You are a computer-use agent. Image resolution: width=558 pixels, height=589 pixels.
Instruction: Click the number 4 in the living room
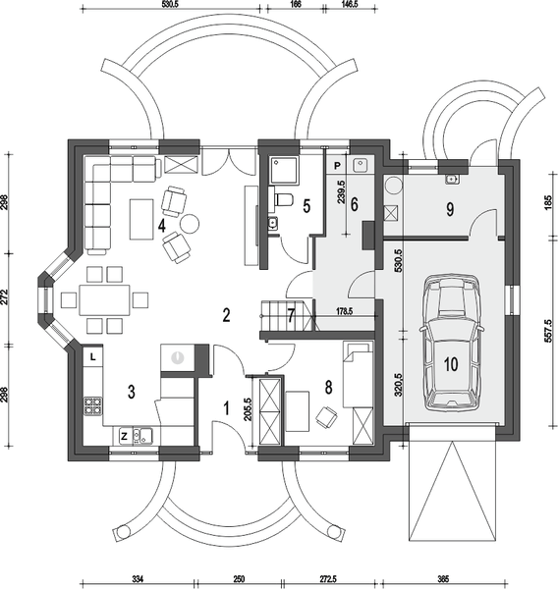click(161, 226)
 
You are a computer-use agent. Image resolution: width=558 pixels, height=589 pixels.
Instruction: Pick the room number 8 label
click(327, 389)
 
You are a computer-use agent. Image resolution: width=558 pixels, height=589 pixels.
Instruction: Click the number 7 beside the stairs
click(291, 316)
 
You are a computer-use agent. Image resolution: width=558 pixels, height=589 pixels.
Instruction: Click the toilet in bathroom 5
click(282, 201)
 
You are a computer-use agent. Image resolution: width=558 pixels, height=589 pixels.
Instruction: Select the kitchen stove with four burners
click(92, 402)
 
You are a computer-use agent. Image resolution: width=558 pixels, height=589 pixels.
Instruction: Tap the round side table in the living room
click(189, 223)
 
